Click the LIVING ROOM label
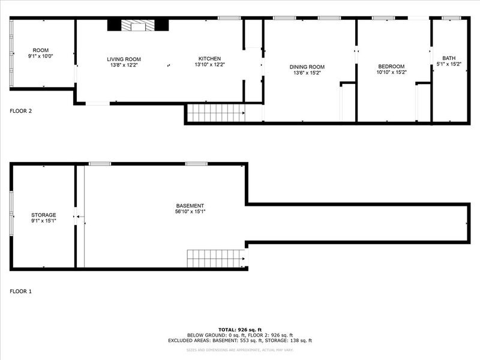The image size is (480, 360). (124, 59)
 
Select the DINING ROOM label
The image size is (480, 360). (307, 67)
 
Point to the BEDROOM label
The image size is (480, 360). (391, 66)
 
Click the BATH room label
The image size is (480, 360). (449, 58)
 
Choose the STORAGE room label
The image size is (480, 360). (43, 215)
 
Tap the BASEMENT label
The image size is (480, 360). (190, 205)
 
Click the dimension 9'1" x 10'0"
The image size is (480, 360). (40, 56)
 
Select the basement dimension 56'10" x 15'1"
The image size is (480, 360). (190, 211)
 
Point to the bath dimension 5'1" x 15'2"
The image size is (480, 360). (449, 64)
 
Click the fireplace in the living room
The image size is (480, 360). (138, 25)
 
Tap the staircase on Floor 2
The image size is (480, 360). (216, 113)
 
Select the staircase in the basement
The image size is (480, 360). (216, 259)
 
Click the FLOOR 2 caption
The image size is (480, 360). (21, 110)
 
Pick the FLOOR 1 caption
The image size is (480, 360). (21, 291)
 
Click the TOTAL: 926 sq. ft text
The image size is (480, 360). (239, 329)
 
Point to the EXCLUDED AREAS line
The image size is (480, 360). (239, 340)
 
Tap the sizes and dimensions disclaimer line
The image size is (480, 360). (239, 349)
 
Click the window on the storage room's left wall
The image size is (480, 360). (11, 214)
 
